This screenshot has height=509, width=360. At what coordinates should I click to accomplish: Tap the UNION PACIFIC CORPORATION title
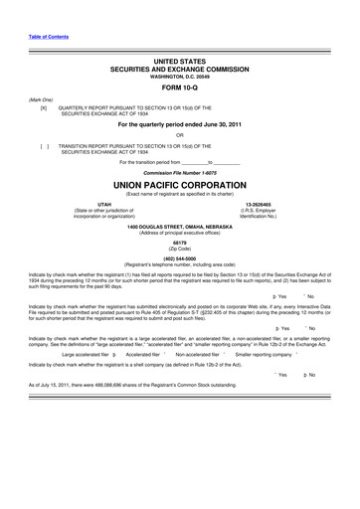click(179, 185)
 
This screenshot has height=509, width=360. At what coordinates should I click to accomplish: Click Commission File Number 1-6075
click(179, 171)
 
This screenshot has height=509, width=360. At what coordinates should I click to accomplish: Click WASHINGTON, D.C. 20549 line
click(179, 76)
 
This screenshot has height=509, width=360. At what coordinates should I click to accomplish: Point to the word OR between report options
click(179, 135)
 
